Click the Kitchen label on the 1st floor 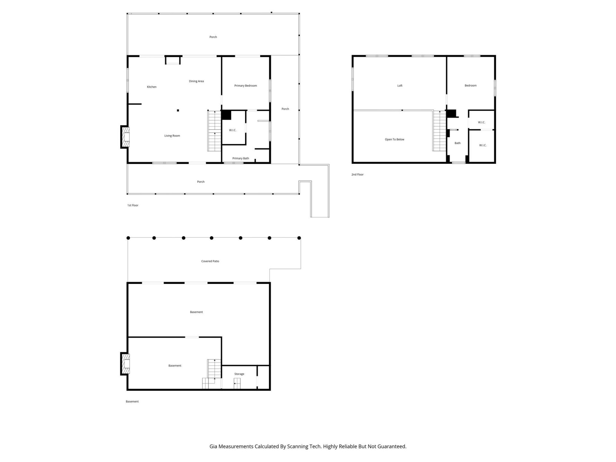click(152, 87)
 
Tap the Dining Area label click(196, 81)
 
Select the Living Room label click(172, 136)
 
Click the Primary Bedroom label click(245, 86)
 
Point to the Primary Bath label click(241, 158)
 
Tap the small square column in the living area click(178, 110)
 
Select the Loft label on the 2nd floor click(400, 86)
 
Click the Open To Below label click(394, 140)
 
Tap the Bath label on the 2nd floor click(458, 143)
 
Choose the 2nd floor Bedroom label click(470, 86)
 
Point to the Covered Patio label click(210, 261)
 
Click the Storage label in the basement click(239, 374)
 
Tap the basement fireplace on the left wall click(125, 364)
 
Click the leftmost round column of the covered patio click(128, 238)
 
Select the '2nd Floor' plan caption click(357, 175)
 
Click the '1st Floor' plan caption click(133, 205)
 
